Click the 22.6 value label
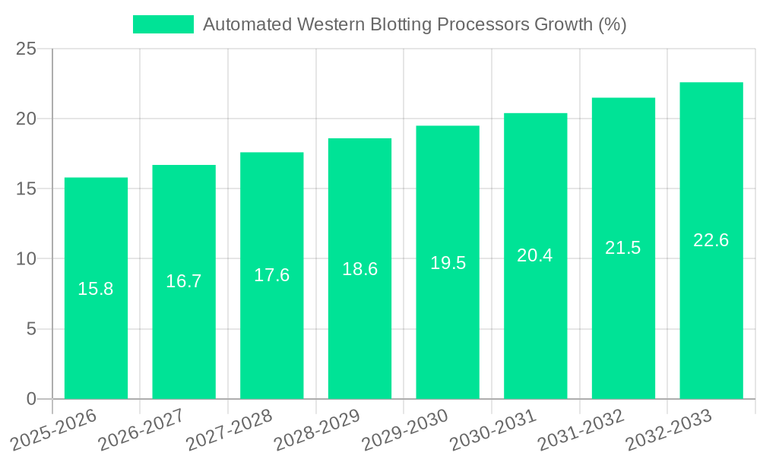tap(711, 240)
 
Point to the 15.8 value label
tap(96, 289)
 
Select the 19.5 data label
tap(448, 263)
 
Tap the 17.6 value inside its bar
tap(271, 275)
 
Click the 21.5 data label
tap(623, 248)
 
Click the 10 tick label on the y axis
tap(26, 259)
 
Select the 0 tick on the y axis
tap(31, 399)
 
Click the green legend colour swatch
tap(163, 24)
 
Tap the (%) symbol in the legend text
tap(612, 24)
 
